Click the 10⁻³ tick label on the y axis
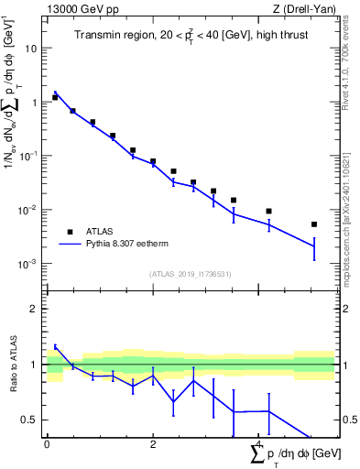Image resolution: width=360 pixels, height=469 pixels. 29,264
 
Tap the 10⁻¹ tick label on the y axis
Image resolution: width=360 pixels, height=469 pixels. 29,156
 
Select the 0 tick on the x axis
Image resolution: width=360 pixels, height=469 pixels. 47,445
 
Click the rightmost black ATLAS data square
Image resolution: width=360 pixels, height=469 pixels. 313,224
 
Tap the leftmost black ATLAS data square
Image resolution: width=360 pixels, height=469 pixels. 55,97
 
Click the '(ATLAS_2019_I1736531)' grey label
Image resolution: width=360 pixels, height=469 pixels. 190,275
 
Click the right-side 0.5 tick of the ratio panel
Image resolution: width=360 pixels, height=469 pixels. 348,420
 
